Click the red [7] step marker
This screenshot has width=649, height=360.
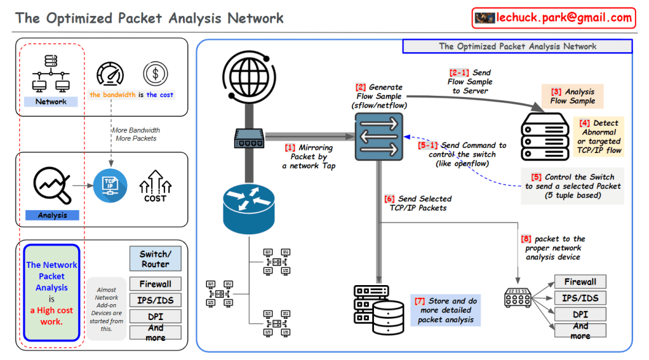coord(420,300)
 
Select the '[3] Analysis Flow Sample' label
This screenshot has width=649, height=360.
coord(572,96)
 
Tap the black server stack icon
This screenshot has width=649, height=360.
coord(545,136)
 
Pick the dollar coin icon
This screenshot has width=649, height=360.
coord(155,74)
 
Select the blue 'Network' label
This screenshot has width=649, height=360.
coord(51,102)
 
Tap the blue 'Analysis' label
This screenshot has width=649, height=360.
coord(52,215)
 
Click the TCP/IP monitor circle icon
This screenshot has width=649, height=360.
coord(110,185)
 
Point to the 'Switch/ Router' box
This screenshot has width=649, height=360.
coord(155,259)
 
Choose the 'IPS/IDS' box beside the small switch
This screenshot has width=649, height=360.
coord(580,298)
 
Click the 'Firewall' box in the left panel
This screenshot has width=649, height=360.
coord(155,283)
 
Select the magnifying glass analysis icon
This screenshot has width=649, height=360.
coord(51,183)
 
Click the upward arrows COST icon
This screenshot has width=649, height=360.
coord(155,186)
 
